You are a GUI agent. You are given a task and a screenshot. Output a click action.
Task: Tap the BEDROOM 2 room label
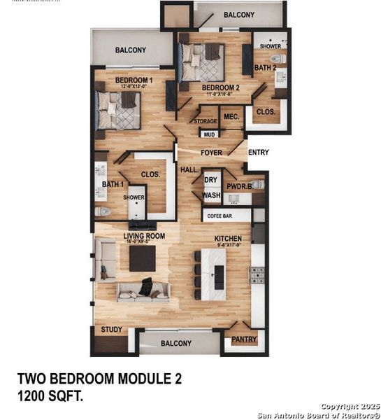pyautogui.click(x=221, y=87)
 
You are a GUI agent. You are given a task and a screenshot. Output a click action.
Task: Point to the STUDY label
pyautogui.click(x=112, y=329)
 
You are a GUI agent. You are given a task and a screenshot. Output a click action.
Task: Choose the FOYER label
pyautogui.click(x=211, y=152)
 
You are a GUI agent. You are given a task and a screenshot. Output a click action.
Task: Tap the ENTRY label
pyautogui.click(x=258, y=152)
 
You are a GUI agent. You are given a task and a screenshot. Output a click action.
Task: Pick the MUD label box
pyautogui.click(x=209, y=134)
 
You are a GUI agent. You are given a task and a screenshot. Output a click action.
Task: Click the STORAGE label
pyautogui.click(x=206, y=121)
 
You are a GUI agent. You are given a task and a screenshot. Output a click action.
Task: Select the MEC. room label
pyautogui.click(x=231, y=117)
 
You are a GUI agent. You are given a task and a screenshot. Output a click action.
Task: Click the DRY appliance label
pyautogui.click(x=211, y=180)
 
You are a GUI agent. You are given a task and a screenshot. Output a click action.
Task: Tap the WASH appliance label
pyautogui.click(x=211, y=195)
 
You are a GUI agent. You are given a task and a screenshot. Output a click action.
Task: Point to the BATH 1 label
pyautogui.click(x=113, y=184)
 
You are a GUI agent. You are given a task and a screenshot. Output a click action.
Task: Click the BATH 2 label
pyautogui.click(x=265, y=68)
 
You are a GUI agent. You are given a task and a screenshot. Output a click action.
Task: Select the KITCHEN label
pyautogui.click(x=228, y=239)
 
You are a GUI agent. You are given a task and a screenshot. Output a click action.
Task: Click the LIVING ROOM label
pyautogui.click(x=145, y=237)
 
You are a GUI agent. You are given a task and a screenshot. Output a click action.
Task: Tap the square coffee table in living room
pyautogui.click(x=143, y=259)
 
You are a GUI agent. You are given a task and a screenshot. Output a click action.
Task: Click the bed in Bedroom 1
pyautogui.click(x=119, y=110)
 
